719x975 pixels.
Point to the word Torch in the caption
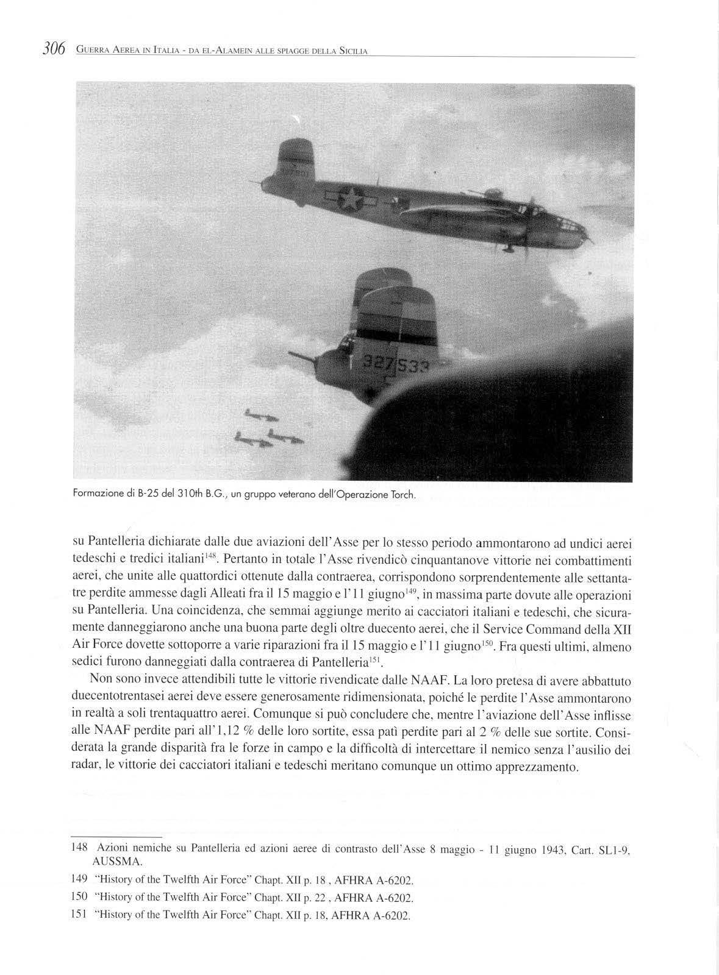coord(402,495)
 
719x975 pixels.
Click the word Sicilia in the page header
coord(353,50)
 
